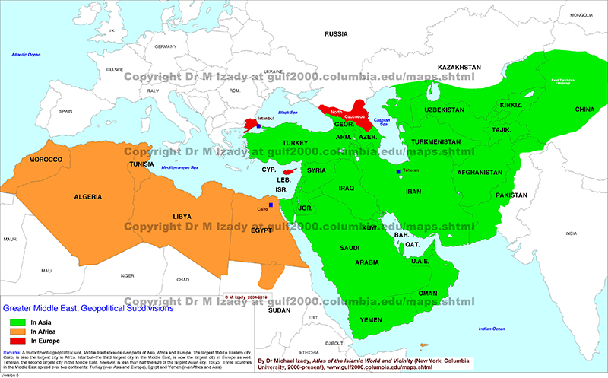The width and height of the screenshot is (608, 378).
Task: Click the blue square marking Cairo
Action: [x=271, y=204]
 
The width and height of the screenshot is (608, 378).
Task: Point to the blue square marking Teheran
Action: [x=398, y=173]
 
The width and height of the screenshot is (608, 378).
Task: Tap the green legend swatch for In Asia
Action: [x=15, y=322]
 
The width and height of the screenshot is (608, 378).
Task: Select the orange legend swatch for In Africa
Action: [x=15, y=332]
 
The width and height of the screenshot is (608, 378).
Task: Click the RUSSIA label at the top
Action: [x=335, y=34]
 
